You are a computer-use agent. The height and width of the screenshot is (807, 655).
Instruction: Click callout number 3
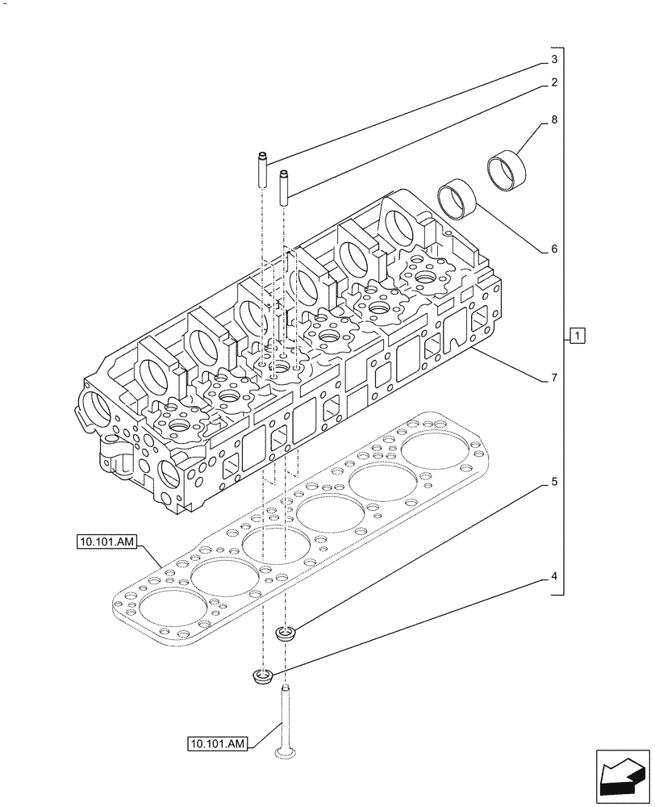coord(554,60)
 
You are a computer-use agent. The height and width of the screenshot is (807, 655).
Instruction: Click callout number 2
coord(554,82)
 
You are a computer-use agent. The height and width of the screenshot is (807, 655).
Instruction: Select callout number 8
coord(554,119)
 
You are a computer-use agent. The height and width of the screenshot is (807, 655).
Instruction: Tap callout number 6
coord(554,249)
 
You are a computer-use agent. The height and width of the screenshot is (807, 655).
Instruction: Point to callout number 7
coord(554,378)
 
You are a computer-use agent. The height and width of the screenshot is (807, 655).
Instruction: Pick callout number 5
coord(554,482)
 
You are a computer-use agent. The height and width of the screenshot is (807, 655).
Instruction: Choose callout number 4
coord(554,577)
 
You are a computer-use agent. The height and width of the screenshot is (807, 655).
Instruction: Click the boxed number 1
coord(577,335)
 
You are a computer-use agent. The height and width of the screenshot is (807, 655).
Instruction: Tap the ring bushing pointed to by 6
coord(457,199)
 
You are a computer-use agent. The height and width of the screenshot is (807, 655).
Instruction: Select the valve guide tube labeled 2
coord(284,186)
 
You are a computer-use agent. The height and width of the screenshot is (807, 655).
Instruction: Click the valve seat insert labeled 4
coord(261,675)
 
